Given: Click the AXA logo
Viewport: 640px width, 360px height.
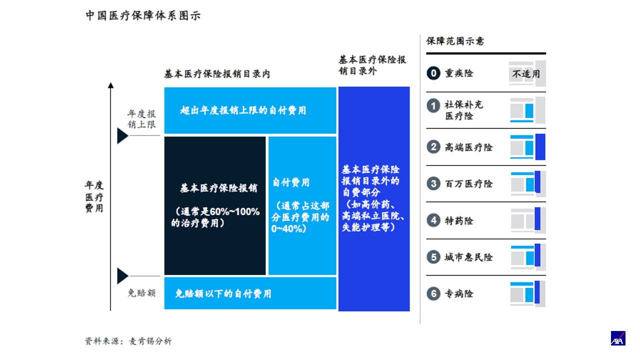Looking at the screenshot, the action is pos(618,338).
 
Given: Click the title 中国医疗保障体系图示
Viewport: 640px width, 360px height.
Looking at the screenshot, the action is pos(143,15).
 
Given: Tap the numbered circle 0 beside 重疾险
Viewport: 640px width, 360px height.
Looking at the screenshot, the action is pos(433,73).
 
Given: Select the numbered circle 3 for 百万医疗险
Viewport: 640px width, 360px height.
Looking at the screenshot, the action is pos(433,183).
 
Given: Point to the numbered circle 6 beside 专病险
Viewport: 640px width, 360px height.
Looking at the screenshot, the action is pos(433,293).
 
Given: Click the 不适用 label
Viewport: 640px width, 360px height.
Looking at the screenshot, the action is pos(526,74).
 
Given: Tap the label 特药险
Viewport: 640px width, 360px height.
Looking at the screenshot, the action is pos(459,220).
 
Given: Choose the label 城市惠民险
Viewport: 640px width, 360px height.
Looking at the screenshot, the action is pos(468,257).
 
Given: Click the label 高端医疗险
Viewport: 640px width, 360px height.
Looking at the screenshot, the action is pos(468,147).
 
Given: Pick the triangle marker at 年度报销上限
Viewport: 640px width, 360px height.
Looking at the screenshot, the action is pos(122,135).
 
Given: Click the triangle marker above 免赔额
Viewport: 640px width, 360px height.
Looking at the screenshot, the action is pos(122,276).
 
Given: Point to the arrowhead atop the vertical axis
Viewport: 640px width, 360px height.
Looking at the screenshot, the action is pos(111,85).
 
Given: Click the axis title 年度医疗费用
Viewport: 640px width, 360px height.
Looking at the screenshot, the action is pos(94,196).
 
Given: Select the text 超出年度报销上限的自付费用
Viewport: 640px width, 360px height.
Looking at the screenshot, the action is pos(243,110).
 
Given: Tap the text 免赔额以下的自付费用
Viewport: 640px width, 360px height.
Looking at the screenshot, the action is pos(223,293).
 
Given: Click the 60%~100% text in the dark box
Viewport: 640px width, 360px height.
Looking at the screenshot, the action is pos(234,211).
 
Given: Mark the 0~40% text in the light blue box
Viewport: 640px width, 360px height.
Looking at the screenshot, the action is pos(287,229).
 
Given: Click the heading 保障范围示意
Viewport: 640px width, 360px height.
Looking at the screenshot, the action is pos(455,41).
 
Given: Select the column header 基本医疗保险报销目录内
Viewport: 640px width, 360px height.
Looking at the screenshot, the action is pos(217,74).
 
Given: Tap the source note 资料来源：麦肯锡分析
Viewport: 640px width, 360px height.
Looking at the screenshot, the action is pos(128,341).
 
